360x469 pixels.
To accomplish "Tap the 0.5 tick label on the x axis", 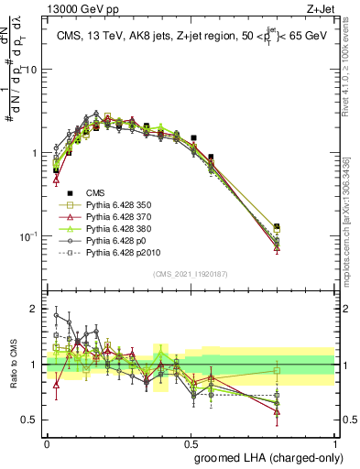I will pyautogui.click(x=191, y=442).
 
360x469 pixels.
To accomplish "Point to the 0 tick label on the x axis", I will pyautogui.click(x=47, y=442).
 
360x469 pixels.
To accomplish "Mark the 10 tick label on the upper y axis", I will pyautogui.click(x=32, y=70).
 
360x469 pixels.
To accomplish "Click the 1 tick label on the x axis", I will pyautogui.click(x=334, y=442).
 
